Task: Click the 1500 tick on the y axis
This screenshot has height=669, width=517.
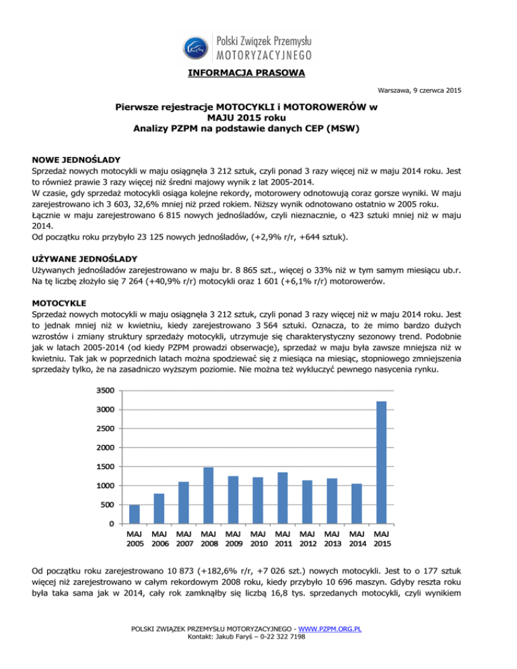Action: [x=104, y=466]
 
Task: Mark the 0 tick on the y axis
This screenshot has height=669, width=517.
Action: [x=110, y=524]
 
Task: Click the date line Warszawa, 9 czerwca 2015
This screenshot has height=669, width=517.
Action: [x=419, y=90]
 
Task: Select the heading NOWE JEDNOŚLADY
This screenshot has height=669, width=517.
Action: [x=76, y=160]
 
